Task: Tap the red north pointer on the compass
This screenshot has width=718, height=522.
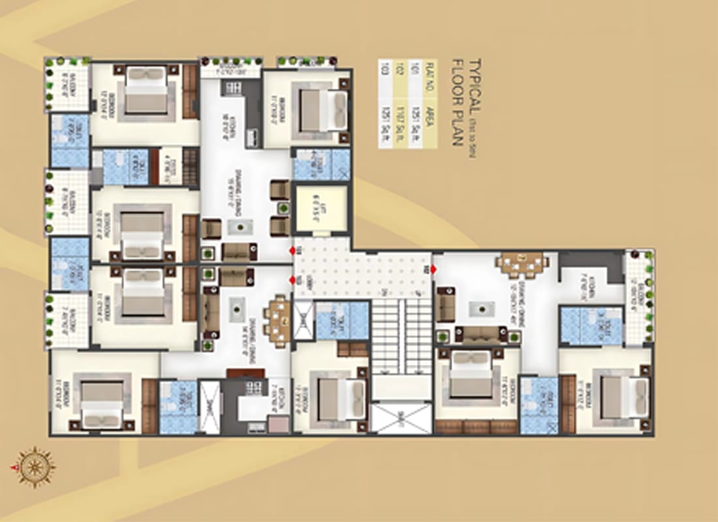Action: coord(13,467)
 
